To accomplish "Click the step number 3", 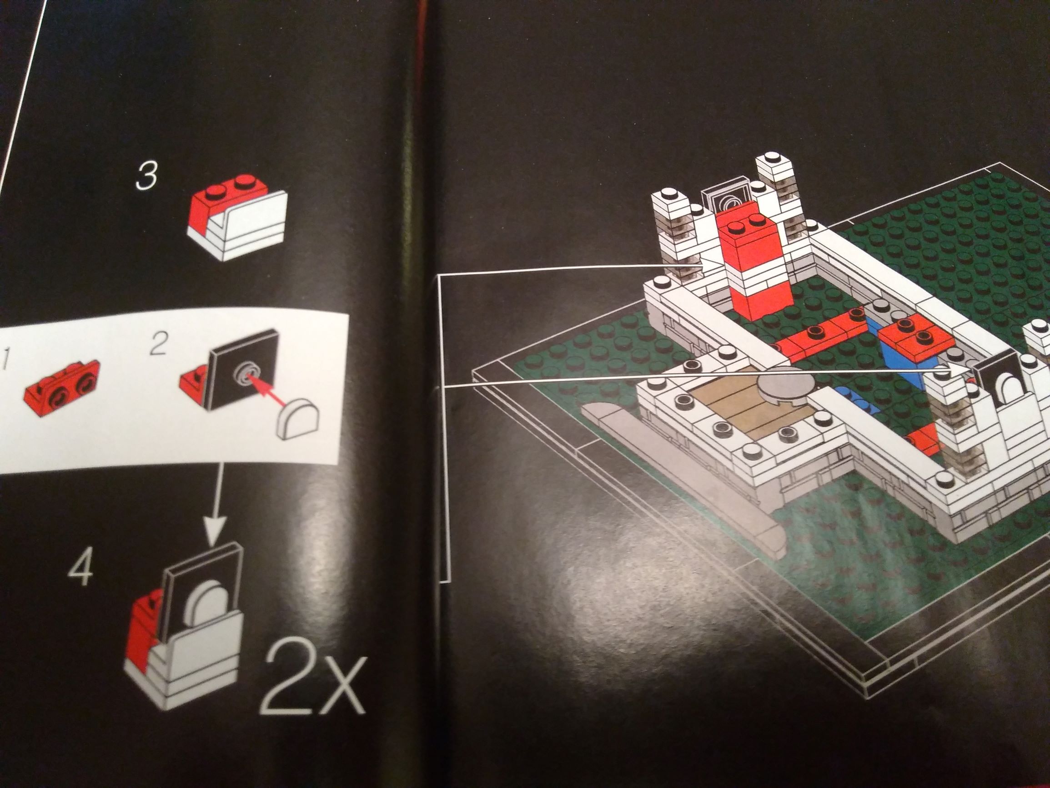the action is coord(145,176).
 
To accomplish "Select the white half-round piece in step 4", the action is coord(208,600).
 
